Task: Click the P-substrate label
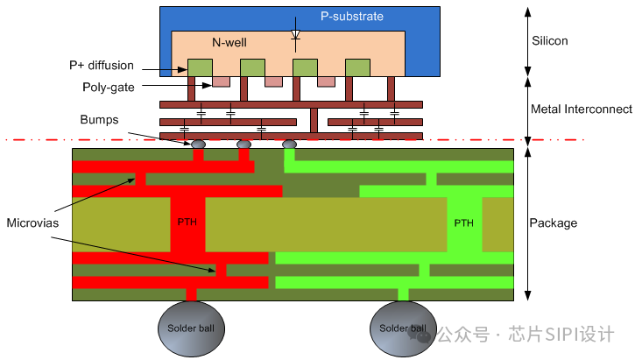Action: [x=351, y=16]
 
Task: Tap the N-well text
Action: [x=229, y=43]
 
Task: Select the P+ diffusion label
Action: [x=102, y=65]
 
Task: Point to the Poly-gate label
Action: [x=108, y=87]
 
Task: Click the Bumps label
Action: [x=99, y=119]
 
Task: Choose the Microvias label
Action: [x=32, y=222]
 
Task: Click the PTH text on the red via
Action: [x=187, y=222]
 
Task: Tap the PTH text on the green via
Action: [x=463, y=223]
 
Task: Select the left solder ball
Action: [x=191, y=328]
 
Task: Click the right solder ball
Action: [x=404, y=328]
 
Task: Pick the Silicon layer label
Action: [x=549, y=41]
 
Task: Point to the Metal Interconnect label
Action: [x=582, y=109]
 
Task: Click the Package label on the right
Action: [x=554, y=223]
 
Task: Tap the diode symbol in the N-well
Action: [x=296, y=35]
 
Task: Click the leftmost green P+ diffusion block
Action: [x=200, y=67]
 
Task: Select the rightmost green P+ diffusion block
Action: [x=357, y=67]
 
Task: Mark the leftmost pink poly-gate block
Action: [x=221, y=81]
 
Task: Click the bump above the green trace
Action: [x=289, y=145]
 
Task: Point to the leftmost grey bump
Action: [x=198, y=145]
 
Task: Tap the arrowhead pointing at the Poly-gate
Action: [x=207, y=85]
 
